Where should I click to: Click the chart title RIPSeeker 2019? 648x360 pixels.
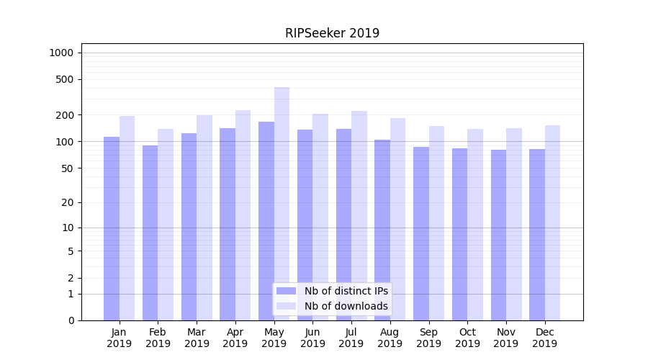(332, 33)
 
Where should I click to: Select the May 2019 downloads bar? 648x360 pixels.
(282, 204)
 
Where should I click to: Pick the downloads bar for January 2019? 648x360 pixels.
(127, 218)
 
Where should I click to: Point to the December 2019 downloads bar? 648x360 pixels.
(552, 222)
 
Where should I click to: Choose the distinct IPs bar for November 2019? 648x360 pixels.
(498, 235)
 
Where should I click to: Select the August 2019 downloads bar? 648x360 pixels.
(397, 219)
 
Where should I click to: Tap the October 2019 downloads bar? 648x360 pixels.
(475, 225)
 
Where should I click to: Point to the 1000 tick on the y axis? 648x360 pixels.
(61, 53)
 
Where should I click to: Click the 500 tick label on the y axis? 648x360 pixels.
(65, 79)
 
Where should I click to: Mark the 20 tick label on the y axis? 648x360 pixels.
(68, 202)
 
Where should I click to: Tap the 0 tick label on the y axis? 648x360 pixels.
(71, 320)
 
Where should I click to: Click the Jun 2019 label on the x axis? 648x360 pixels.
(312, 338)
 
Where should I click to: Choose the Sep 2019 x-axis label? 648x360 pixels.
(428, 338)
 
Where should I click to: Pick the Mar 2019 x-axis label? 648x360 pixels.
(197, 338)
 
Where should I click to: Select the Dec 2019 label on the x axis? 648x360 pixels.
(544, 338)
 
